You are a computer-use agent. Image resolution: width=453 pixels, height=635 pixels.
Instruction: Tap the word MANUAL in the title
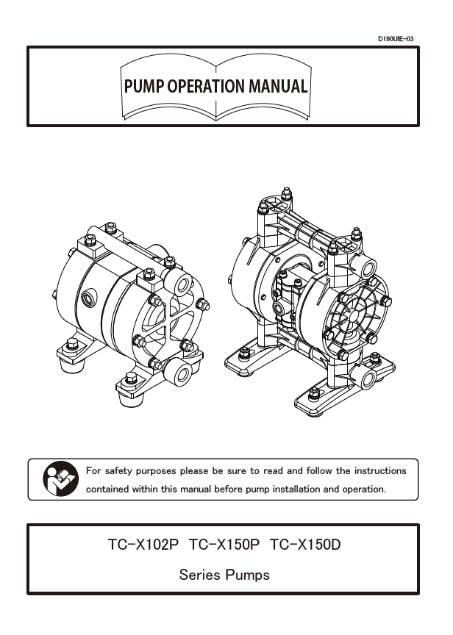click(x=277, y=86)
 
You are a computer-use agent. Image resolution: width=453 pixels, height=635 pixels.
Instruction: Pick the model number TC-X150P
click(x=224, y=546)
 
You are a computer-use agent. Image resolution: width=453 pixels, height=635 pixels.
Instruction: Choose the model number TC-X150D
click(x=306, y=546)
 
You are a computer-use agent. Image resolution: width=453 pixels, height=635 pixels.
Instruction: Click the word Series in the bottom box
click(x=199, y=575)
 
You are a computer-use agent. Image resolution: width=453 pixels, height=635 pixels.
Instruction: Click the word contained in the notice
click(x=110, y=489)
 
